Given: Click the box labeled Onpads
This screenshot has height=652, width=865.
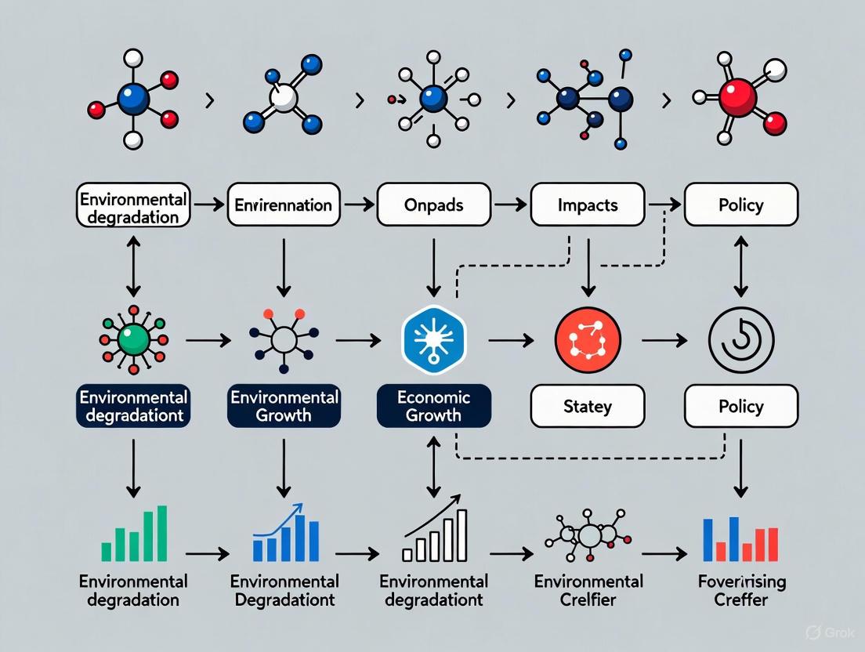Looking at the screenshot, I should tap(432, 205).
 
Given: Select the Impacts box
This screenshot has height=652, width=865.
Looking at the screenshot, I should tap(588, 205).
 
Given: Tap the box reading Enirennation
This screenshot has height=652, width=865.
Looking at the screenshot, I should tap(284, 205).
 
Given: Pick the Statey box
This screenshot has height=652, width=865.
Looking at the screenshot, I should tap(588, 407).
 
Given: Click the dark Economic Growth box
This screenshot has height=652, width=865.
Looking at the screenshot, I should tap(433, 405).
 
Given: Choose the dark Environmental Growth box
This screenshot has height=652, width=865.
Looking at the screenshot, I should tap(284, 405).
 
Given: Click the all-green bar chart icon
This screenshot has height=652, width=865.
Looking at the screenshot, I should tap(134, 535).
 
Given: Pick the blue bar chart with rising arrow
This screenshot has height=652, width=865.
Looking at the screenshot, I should tap(285, 534).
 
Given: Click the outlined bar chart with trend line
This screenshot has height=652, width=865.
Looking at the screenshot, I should tap(436, 535).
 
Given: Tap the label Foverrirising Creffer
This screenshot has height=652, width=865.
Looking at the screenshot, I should tap(740, 591).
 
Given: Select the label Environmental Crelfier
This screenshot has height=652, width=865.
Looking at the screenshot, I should tap(588, 591).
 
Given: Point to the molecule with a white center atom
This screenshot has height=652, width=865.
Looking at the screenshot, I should tap(283, 97).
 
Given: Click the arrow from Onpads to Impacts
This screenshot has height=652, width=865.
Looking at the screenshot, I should tap(510, 206).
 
